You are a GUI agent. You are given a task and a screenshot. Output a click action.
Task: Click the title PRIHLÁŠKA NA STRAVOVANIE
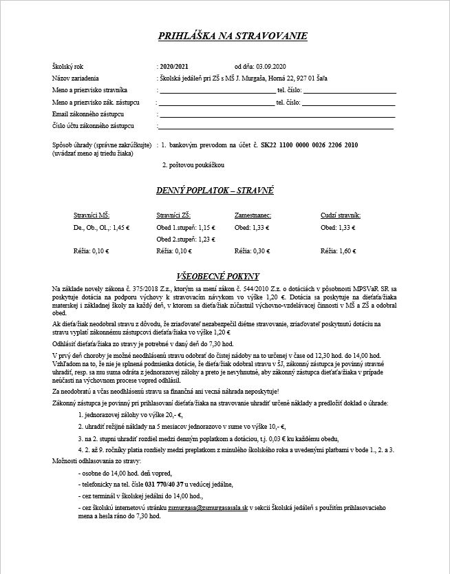tap(233, 36)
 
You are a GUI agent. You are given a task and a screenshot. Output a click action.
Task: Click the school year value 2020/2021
tap(173, 66)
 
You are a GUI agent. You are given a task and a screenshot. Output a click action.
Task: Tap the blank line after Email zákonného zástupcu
tap(275, 116)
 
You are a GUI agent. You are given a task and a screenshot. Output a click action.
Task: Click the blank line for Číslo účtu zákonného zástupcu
tap(275, 128)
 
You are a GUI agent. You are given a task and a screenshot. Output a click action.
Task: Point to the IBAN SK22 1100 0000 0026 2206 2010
tap(310, 145)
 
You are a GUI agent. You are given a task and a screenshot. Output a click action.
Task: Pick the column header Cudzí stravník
tap(341, 215)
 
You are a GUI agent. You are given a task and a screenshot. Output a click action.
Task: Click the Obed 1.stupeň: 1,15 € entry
tap(186, 227)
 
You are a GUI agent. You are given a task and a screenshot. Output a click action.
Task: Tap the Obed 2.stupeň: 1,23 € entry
tap(186, 239)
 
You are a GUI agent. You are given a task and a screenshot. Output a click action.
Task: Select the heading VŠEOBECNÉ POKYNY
tap(225, 276)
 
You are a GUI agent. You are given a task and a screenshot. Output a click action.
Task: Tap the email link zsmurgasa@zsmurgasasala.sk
tap(208, 507)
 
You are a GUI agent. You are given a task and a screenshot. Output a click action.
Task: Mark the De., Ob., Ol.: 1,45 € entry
tap(101, 227)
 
